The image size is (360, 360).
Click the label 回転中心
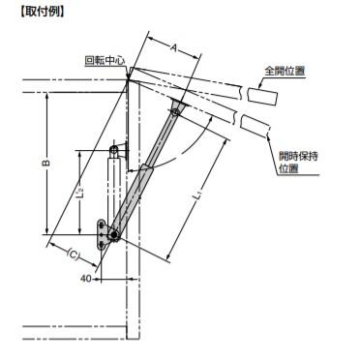[105, 60]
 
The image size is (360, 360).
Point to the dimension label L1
[196, 197]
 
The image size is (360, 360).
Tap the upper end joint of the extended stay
[175, 109]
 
